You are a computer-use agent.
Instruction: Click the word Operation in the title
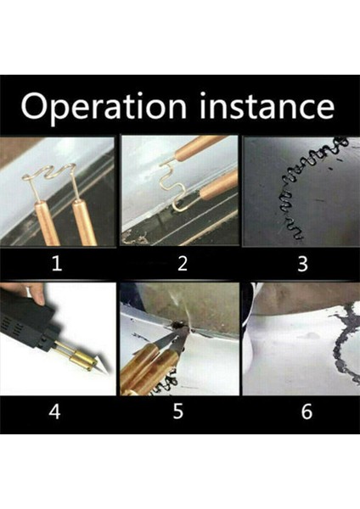click(x=104, y=107)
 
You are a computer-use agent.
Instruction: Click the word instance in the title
click(x=267, y=106)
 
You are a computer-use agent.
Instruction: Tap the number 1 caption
click(x=57, y=263)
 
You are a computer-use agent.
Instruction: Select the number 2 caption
click(x=183, y=263)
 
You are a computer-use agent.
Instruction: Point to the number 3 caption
click(x=302, y=263)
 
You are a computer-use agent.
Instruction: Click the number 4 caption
click(x=54, y=411)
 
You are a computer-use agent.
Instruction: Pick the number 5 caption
click(x=178, y=411)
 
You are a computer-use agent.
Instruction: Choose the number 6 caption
click(x=307, y=411)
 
